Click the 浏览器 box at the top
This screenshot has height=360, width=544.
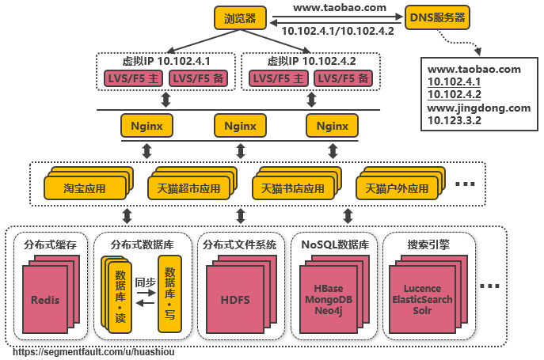pyautogui.click(x=240, y=17)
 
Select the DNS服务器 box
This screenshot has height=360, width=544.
pyautogui.click(x=436, y=17)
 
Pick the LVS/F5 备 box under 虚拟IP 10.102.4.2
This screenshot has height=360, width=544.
pyautogui.click(x=343, y=78)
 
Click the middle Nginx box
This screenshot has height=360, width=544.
pyautogui.click(x=240, y=125)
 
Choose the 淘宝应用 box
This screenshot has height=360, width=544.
pyautogui.click(x=85, y=189)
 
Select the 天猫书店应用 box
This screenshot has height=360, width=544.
pyautogui.click(x=292, y=189)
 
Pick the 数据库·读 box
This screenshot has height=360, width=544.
pyautogui.click(x=120, y=295)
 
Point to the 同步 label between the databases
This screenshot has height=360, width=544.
pyautogui.click(x=145, y=282)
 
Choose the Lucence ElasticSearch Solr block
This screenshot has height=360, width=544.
pyautogui.click(x=421, y=300)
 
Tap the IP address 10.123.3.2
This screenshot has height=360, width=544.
pyautogui.click(x=455, y=120)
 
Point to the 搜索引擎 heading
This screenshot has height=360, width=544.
pyautogui.click(x=428, y=244)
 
